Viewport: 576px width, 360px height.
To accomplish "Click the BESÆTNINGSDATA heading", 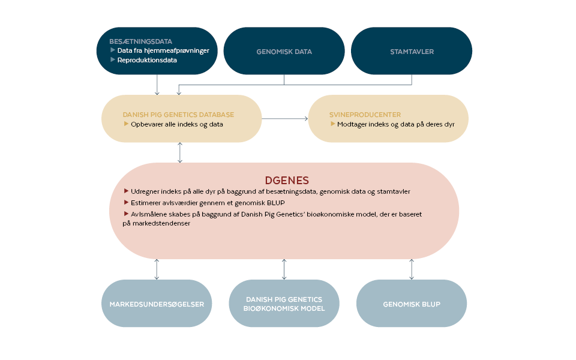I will pyautogui.click(x=140, y=41).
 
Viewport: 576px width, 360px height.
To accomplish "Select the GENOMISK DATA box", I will pyautogui.click(x=284, y=52).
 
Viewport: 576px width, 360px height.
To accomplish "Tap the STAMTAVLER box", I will pyautogui.click(x=411, y=52).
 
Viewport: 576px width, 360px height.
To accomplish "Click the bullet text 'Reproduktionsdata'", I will pyautogui.click(x=147, y=60).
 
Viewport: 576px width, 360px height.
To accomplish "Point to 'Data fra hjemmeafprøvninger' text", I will pyautogui.click(x=163, y=51).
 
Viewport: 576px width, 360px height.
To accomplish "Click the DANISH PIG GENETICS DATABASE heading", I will pyautogui.click(x=178, y=115).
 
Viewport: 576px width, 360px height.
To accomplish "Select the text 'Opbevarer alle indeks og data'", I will pyautogui.click(x=177, y=124).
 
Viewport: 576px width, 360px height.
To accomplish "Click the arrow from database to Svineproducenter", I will pyautogui.click(x=284, y=119).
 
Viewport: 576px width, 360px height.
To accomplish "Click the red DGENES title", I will pyautogui.click(x=287, y=180).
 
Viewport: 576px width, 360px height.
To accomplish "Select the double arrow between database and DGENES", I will pyautogui.click(x=180, y=152).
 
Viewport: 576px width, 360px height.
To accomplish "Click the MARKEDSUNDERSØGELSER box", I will pyautogui.click(x=157, y=304).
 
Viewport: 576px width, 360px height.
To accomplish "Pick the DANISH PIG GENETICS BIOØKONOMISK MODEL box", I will pyautogui.click(x=284, y=304).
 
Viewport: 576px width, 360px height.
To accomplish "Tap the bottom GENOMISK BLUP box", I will pyautogui.click(x=411, y=304).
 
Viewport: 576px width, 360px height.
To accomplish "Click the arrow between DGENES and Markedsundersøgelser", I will pyautogui.click(x=157, y=269).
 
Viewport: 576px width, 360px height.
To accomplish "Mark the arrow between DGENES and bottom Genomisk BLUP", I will pyautogui.click(x=412, y=269).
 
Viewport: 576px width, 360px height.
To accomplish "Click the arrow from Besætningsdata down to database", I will pyautogui.click(x=157, y=84).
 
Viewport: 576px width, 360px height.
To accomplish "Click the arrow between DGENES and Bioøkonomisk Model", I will pyautogui.click(x=284, y=269).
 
